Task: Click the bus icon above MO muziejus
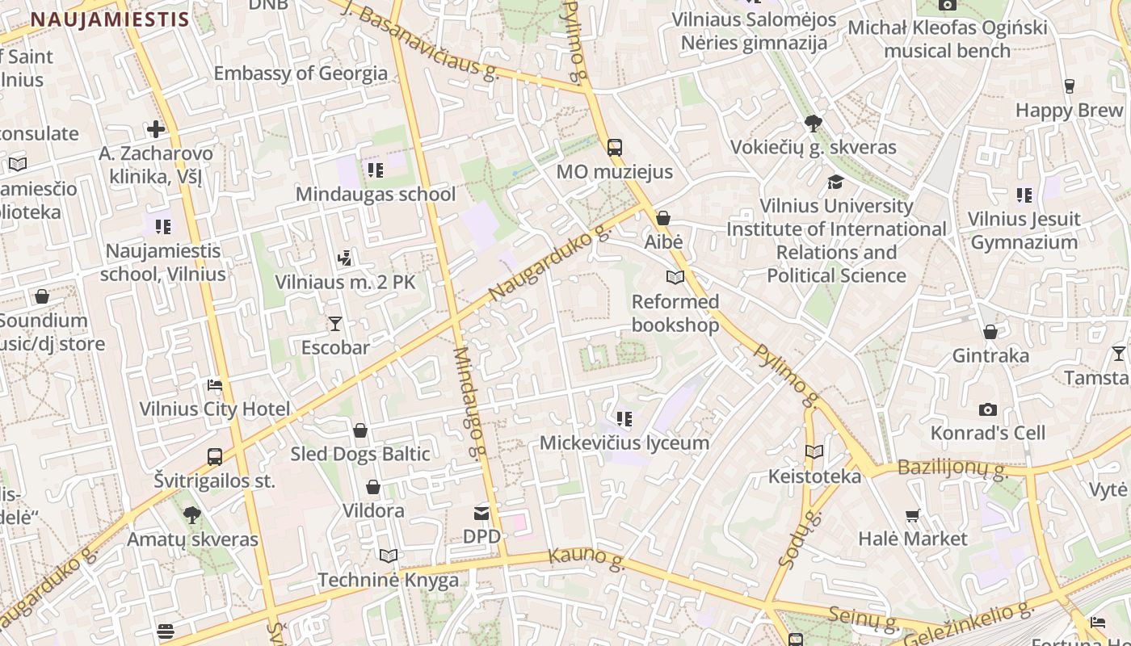point(615,147)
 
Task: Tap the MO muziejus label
point(615,172)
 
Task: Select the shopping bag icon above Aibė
point(663,218)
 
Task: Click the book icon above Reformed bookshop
point(675,278)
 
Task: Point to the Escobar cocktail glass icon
point(335,324)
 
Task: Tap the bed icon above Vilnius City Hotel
point(215,384)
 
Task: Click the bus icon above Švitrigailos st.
point(215,457)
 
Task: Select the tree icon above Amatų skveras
point(191,514)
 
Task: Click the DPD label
point(481,536)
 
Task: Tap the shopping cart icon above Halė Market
point(913,515)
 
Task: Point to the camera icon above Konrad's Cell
point(987,409)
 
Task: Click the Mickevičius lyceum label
point(624,443)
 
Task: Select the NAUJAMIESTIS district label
point(110,19)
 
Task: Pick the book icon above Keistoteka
point(814,452)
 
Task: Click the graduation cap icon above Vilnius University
point(835,182)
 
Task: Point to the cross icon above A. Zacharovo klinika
point(156,129)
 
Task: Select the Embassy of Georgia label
point(301,73)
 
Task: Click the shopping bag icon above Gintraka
point(990,332)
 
